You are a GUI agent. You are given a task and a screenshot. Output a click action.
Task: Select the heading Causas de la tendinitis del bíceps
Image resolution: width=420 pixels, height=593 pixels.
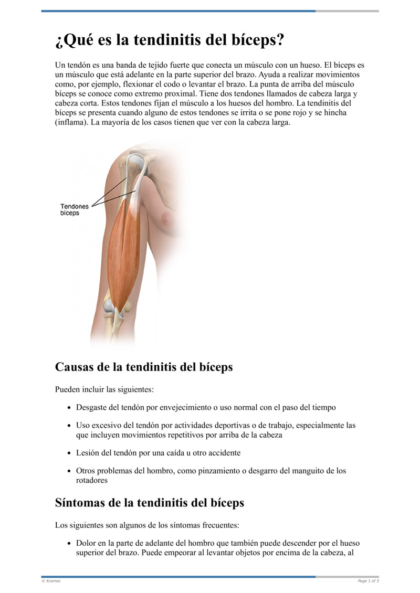(143, 367)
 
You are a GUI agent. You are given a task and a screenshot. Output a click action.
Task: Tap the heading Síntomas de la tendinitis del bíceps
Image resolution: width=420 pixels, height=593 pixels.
(149, 503)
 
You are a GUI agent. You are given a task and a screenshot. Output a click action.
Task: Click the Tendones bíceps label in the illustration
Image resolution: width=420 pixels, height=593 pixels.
(74, 210)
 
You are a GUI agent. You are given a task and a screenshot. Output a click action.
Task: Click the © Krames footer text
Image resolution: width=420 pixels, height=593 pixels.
(51, 581)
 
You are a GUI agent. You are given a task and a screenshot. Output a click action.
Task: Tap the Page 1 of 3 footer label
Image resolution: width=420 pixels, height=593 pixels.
(368, 581)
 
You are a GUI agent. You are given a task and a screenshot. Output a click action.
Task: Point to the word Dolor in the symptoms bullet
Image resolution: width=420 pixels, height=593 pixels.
(86, 543)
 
